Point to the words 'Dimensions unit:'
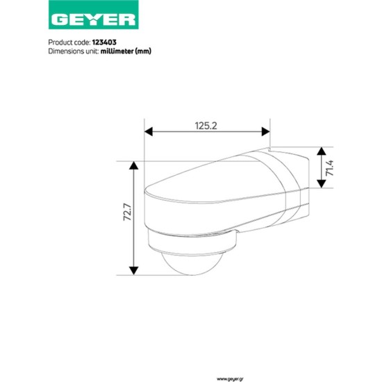[74, 51]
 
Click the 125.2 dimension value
[206, 125]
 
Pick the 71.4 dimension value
[331, 168]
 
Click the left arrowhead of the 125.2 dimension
[148, 131]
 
